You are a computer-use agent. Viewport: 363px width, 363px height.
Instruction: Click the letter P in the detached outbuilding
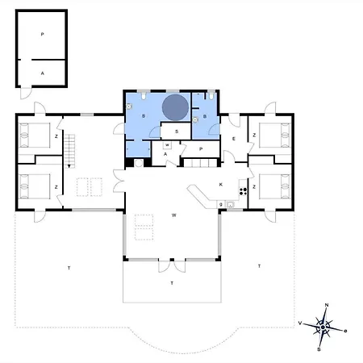pos(41,36)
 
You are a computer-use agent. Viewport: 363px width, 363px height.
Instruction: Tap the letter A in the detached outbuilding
pos(41,71)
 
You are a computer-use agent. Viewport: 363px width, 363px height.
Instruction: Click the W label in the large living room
pos(173,215)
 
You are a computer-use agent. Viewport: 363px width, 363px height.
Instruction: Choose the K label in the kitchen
pos(220,185)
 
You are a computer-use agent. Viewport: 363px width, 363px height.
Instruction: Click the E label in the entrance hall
pos(233,140)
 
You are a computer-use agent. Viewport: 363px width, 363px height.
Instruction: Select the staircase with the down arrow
pos(70,148)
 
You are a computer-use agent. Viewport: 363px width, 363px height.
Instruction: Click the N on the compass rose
pos(326,305)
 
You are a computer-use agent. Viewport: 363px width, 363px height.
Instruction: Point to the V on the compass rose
pos(301,322)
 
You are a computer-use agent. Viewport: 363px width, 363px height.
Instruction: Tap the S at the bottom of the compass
pos(319,348)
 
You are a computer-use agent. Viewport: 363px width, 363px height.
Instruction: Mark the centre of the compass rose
pos(323,328)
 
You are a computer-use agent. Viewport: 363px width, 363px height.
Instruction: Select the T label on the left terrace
pos(69,267)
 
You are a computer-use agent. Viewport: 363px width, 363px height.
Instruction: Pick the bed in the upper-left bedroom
pos(35,134)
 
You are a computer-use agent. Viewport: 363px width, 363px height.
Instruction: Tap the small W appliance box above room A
pos(167,145)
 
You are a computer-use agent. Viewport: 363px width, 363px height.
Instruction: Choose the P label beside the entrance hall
pos(201,149)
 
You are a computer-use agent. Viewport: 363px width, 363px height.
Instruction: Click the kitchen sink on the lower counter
pos(230,205)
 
